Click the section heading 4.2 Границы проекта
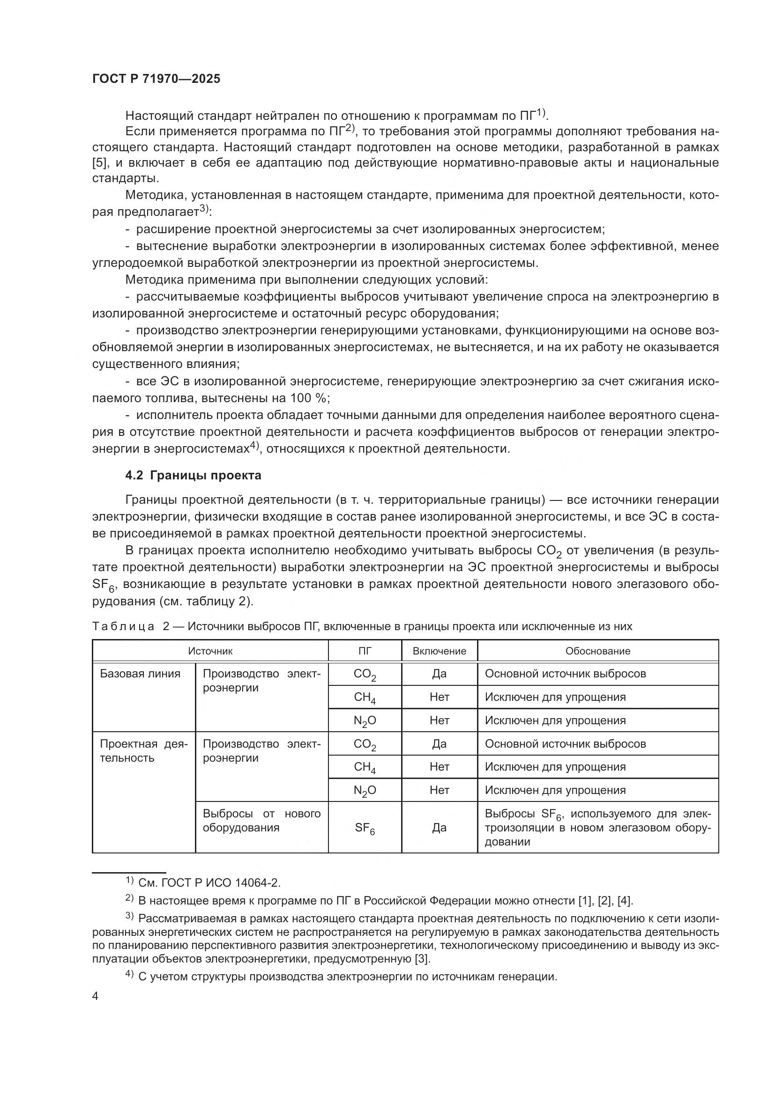coord(193,476)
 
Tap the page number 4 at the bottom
coord(96,996)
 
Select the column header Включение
coord(439,651)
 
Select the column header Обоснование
coord(597,651)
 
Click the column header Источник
coord(210,651)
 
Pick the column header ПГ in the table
coord(365,651)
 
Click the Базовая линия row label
coord(140,674)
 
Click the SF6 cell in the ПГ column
coord(365,829)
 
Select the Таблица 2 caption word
coord(123,626)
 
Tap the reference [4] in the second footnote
coord(625,901)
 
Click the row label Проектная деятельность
coord(143,750)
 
